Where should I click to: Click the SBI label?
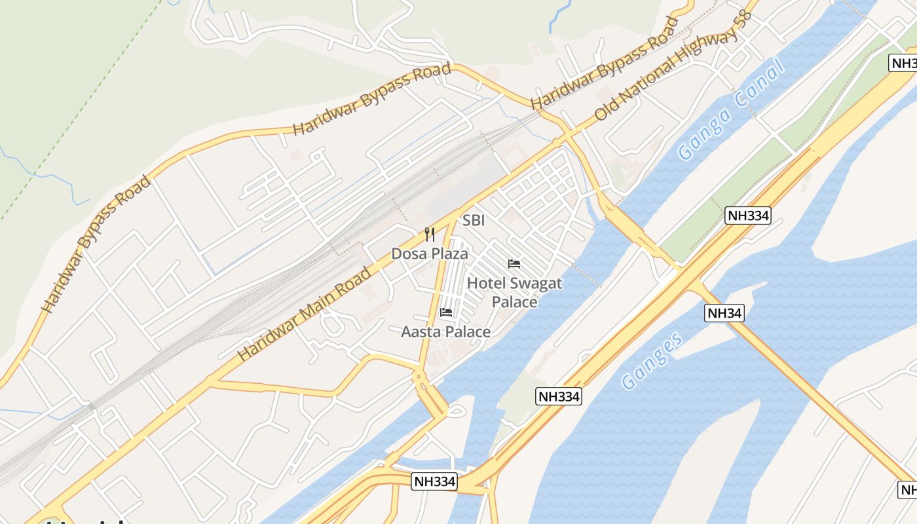coord(474,221)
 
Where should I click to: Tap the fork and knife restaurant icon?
coord(430,234)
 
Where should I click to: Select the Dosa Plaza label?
coord(430,253)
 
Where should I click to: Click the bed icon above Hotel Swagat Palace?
coord(514,264)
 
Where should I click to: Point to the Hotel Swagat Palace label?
coord(514,292)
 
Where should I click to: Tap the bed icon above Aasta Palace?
coord(446,312)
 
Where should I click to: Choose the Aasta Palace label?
coord(446,332)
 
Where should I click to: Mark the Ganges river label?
coord(652,360)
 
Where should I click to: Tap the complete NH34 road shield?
coord(725,313)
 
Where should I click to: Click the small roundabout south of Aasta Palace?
coord(418,377)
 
